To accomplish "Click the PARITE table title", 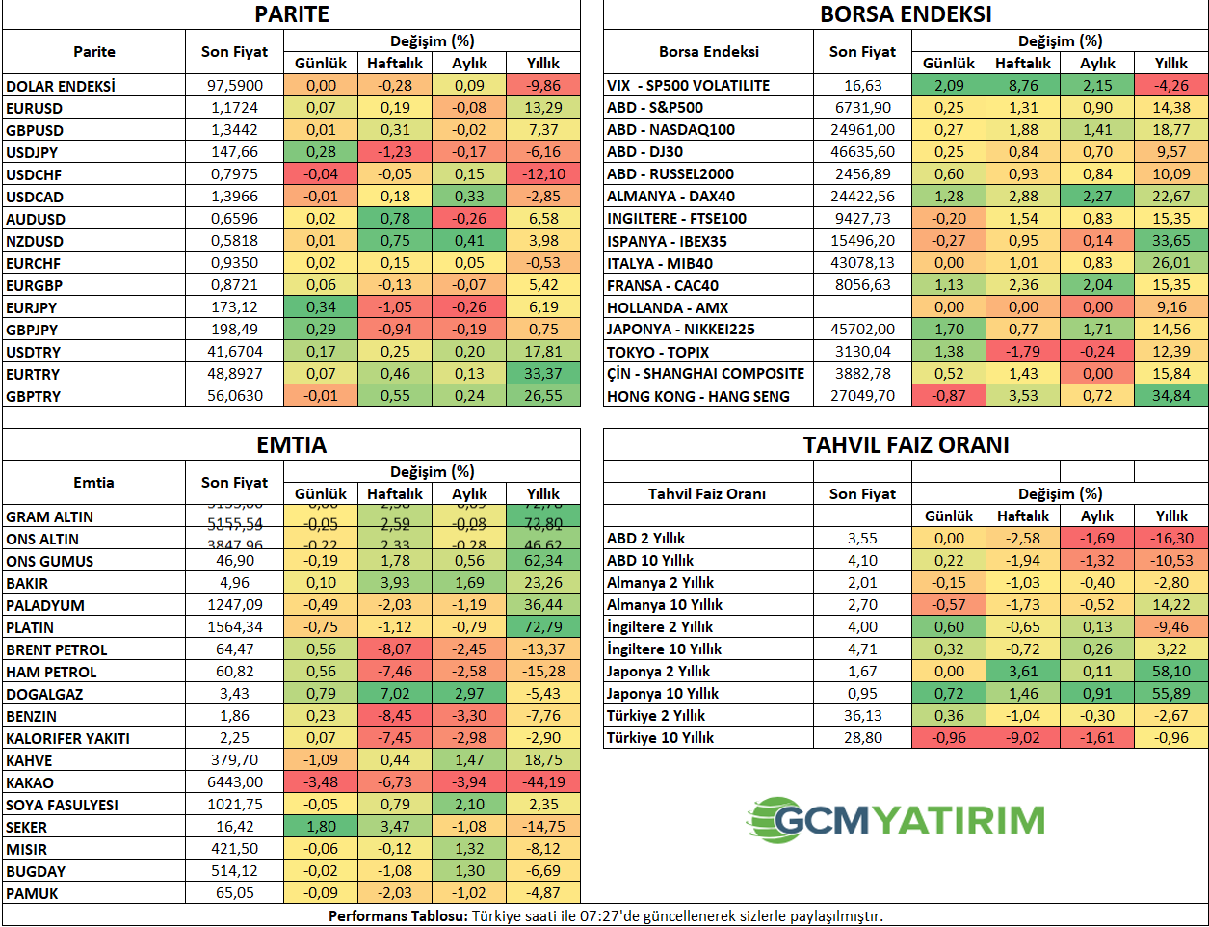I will [x=291, y=14].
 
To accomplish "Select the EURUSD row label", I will [x=34, y=108].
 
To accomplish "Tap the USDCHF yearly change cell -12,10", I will [x=543, y=174].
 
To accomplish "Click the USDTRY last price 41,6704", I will [x=234, y=352].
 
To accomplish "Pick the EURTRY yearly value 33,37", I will [x=543, y=374].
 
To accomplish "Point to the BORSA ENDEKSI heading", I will [x=906, y=14].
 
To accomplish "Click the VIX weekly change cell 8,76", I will [x=1023, y=85].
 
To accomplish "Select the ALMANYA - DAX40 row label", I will [x=670, y=197].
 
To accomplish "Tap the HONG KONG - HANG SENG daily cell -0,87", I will [x=949, y=396].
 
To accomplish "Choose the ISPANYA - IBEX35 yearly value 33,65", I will [x=1171, y=241].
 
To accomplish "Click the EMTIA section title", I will [x=291, y=445].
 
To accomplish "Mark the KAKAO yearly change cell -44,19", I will [x=543, y=782].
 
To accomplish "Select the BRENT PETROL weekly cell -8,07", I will [x=395, y=649].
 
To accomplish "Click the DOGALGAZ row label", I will [x=44, y=694].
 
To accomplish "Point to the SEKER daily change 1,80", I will [x=321, y=827].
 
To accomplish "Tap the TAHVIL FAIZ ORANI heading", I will [x=906, y=445].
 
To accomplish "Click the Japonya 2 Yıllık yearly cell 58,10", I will [x=1171, y=672].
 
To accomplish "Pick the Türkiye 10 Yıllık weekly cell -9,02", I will [x=1023, y=738].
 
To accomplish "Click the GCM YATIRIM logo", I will [x=896, y=820].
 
